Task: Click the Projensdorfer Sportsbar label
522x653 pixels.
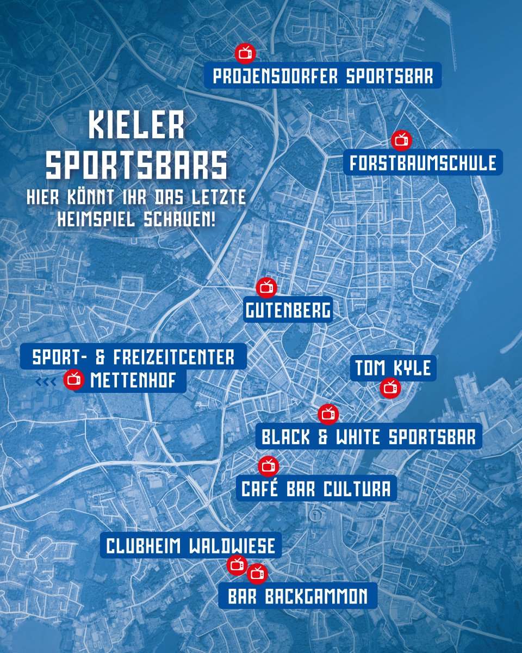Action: [323, 76]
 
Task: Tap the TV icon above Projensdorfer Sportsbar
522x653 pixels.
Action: [245, 53]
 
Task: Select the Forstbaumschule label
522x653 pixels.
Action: [423, 163]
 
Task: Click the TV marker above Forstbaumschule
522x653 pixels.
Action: [402, 140]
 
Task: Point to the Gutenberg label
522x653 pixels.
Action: [288, 311]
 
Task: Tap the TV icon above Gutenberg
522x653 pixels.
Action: [266, 287]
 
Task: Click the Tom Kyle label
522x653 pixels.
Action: [393, 368]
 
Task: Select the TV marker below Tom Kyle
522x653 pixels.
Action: [390, 388]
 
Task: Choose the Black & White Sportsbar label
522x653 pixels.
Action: [369, 436]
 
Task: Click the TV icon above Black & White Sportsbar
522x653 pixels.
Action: [328, 414]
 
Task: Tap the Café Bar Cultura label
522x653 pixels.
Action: [316, 489]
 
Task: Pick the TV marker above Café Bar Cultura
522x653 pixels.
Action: [268, 466]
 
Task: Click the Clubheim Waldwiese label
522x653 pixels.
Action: [191, 545]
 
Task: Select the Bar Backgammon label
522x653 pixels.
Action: [297, 596]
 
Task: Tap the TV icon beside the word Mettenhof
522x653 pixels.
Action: [74, 380]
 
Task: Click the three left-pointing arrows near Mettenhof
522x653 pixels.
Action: [46, 382]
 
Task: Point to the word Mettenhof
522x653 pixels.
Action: [134, 380]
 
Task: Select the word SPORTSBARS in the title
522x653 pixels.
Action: [136, 165]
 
